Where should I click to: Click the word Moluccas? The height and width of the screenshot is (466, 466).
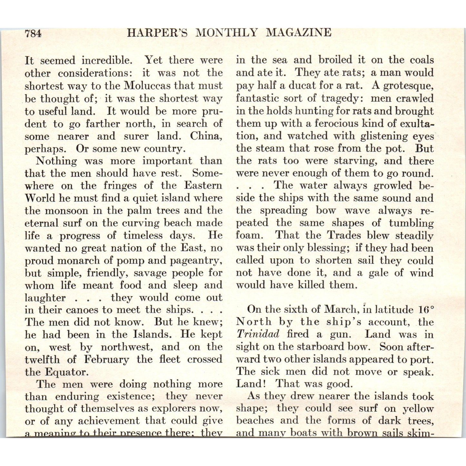148,86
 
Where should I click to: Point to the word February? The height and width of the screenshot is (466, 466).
106,360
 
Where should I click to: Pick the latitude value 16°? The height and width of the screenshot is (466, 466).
425,310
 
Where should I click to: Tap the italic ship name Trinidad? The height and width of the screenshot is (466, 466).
258,334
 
